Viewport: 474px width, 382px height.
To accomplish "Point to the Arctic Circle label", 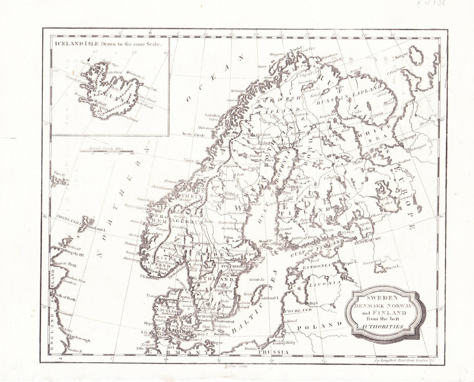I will pyautogui.click(x=193, y=134).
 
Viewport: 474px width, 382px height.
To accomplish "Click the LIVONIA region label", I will pyautogui.click(x=323, y=285).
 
